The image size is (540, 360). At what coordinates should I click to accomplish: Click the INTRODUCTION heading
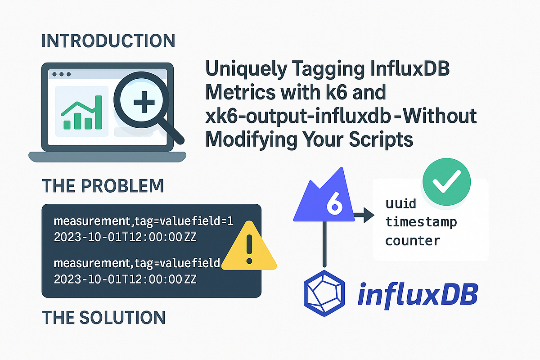(x=108, y=40)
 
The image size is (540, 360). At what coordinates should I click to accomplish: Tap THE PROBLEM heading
(x=103, y=186)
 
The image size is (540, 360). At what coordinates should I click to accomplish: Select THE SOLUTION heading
(x=104, y=318)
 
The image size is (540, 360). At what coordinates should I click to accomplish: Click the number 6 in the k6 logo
(x=333, y=205)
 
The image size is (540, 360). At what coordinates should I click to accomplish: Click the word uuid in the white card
(x=401, y=203)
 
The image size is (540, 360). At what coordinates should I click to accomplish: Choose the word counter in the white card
(x=413, y=240)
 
